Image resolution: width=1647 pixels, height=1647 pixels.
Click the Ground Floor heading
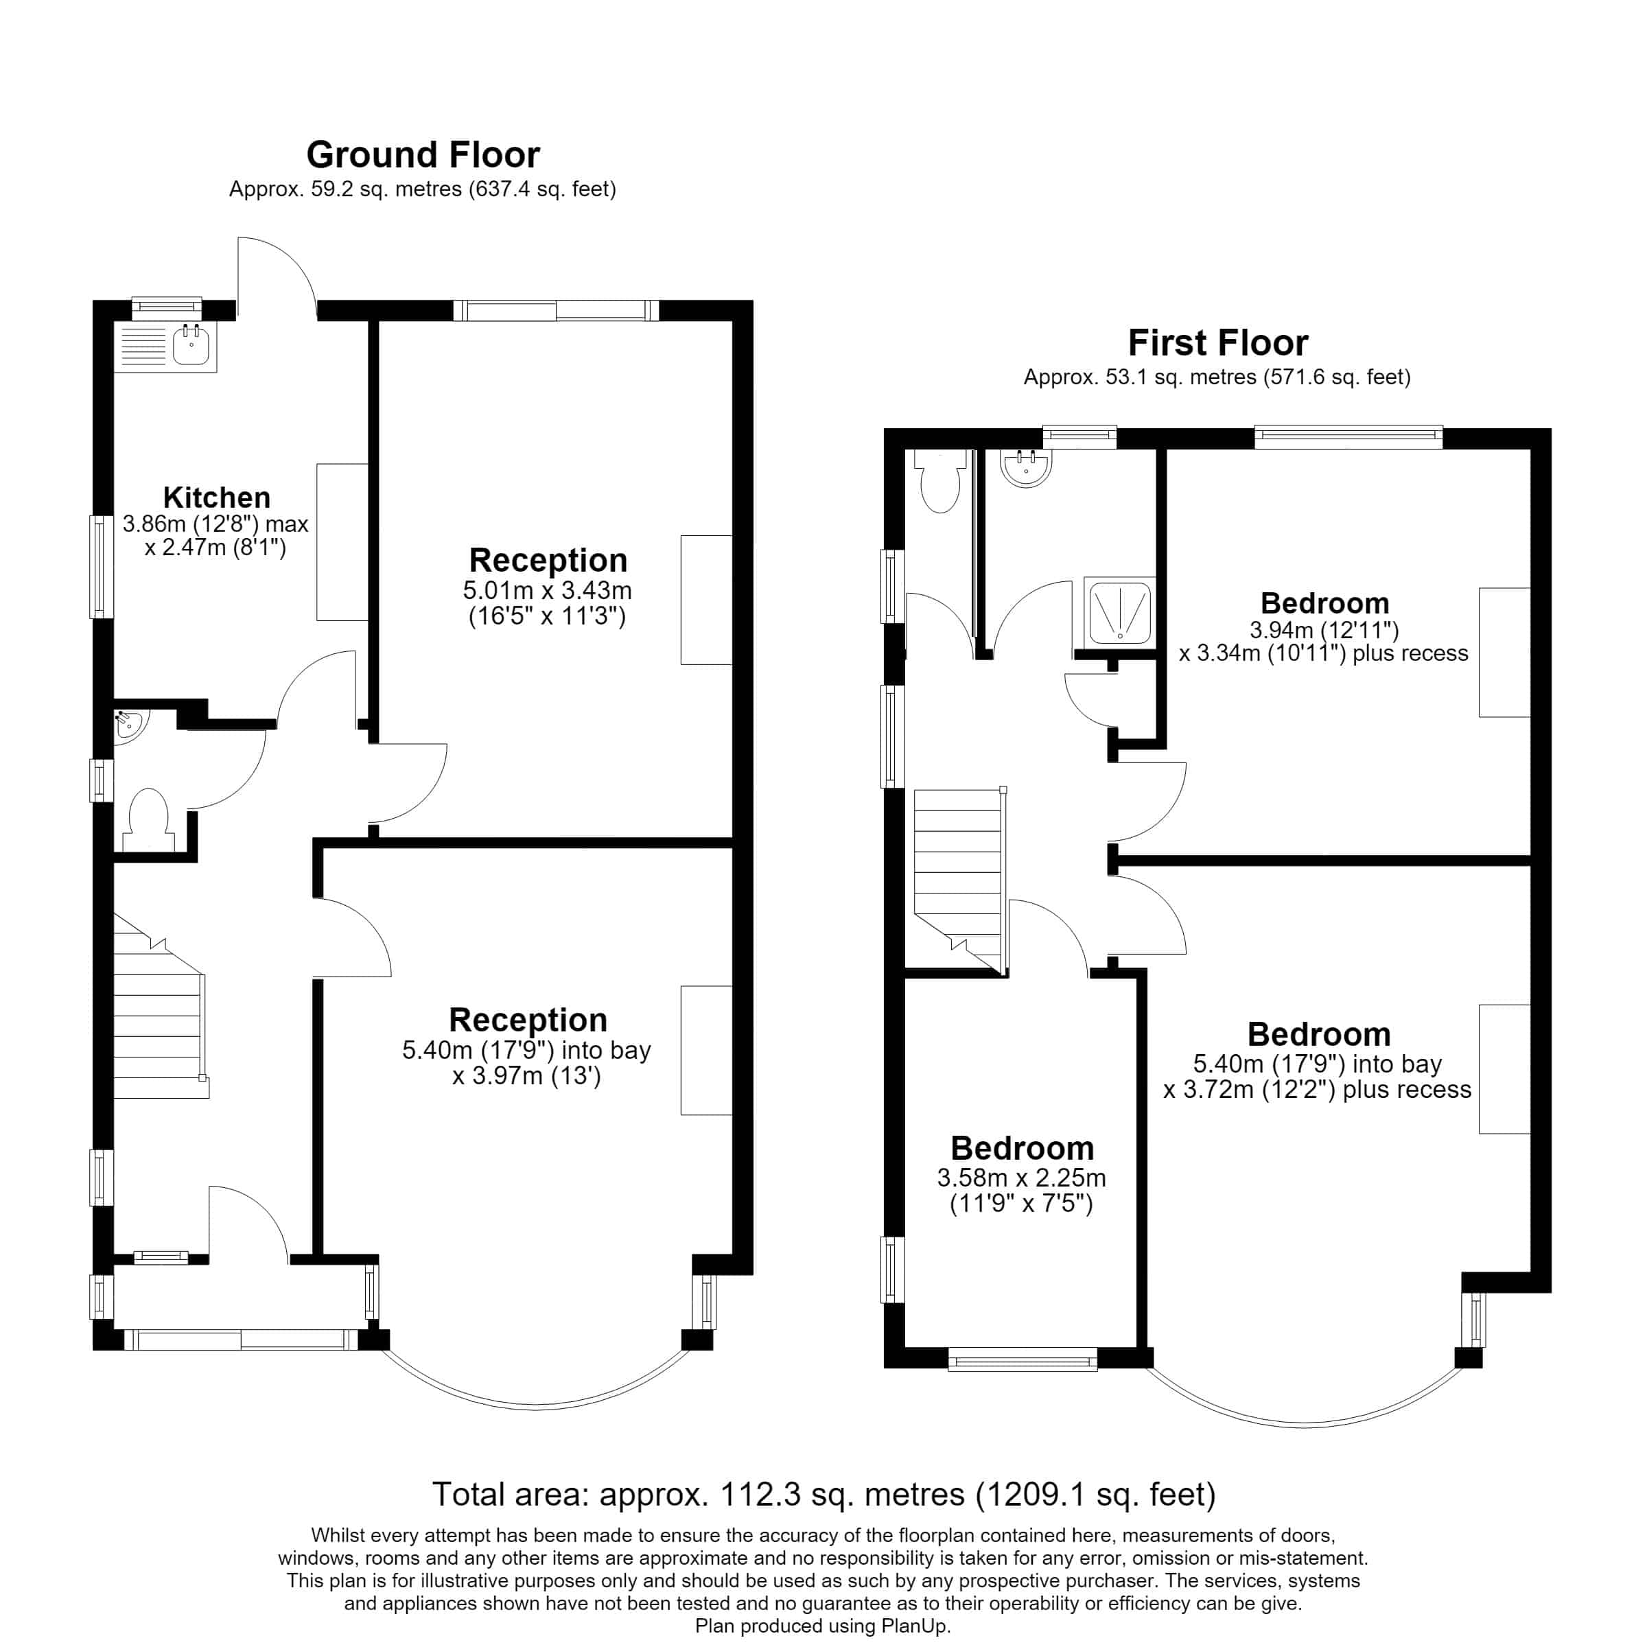423,155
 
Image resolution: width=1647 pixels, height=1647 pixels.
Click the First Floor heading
1217,342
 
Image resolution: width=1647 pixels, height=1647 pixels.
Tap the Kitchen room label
217,497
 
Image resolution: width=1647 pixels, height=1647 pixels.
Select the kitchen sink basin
192,346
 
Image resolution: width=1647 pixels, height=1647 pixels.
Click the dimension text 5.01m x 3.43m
548,590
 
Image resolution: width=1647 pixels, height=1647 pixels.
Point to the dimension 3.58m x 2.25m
1021,1178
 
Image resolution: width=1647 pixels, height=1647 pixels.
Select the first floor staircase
960,880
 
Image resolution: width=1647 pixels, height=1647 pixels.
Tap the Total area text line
823,1493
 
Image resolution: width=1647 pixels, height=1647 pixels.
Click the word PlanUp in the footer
915,1626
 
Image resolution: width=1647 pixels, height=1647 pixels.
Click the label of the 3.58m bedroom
1021,1147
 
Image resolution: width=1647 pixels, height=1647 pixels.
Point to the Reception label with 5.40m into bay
528,1020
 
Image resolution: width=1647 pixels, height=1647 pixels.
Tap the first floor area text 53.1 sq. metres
1182,377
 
